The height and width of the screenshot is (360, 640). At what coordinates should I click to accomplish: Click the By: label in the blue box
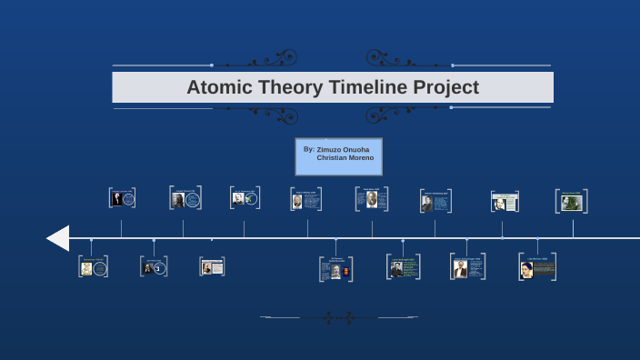point(309,148)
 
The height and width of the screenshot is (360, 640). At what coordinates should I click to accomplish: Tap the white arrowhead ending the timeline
point(58,238)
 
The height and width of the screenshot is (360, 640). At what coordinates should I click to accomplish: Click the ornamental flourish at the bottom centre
point(339,317)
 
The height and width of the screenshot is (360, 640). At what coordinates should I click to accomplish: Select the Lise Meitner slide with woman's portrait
point(537,266)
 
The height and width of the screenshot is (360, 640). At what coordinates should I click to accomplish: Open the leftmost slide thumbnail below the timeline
point(93,266)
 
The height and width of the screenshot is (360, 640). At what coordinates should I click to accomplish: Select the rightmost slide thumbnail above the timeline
point(571,202)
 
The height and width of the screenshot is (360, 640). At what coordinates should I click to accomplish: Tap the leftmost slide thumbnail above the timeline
point(122,198)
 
